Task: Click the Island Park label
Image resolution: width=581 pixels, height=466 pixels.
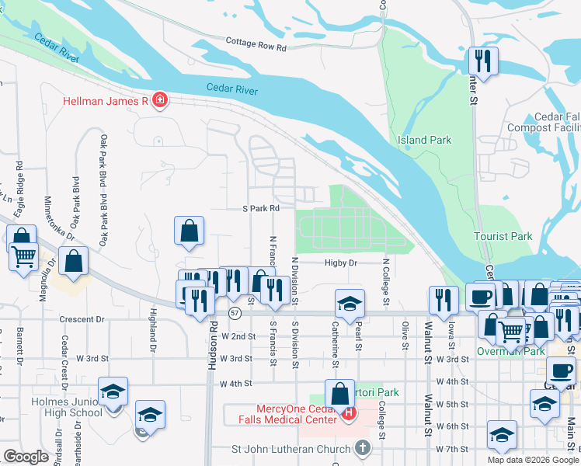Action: click(424, 140)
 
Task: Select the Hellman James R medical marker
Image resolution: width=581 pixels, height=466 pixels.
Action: click(160, 100)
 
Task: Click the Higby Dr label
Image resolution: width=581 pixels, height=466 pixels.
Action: click(341, 263)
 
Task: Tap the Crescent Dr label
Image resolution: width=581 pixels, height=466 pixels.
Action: click(85, 319)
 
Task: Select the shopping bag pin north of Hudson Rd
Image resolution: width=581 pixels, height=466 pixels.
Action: click(189, 231)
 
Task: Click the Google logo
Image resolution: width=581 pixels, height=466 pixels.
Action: click(26, 457)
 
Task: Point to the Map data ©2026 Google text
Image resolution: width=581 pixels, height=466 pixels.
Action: click(533, 460)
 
